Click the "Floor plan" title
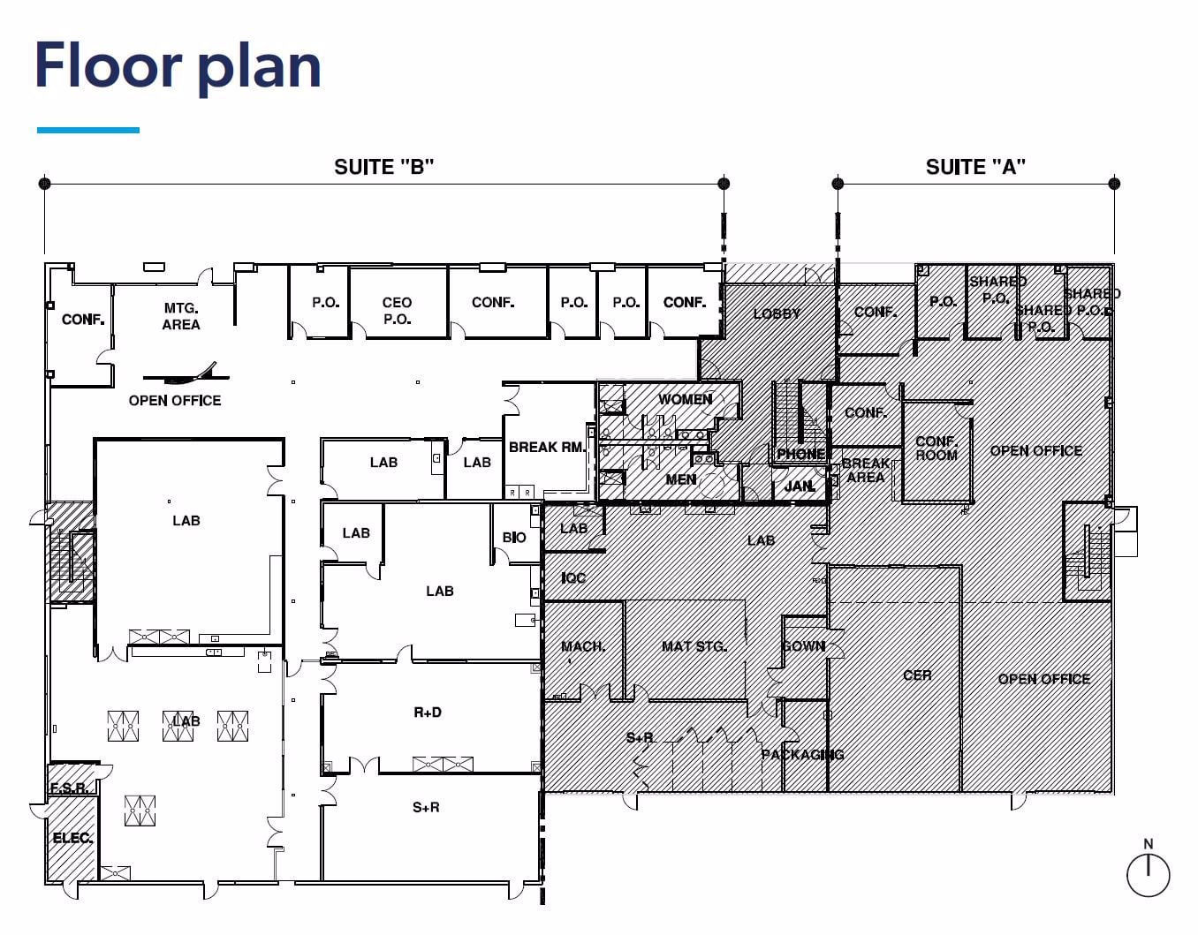178,66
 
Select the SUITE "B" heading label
383,167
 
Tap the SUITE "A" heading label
975,167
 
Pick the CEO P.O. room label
397,311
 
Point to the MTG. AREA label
181,316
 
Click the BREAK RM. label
547,447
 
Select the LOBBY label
777,313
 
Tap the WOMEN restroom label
685,399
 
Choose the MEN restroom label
680,479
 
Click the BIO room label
514,537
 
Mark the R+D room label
428,712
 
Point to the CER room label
917,675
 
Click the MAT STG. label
694,646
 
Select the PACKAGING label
802,754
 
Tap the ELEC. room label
72,838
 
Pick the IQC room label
573,577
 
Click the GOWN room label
803,646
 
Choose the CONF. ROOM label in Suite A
936,448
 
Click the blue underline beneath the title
88,130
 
